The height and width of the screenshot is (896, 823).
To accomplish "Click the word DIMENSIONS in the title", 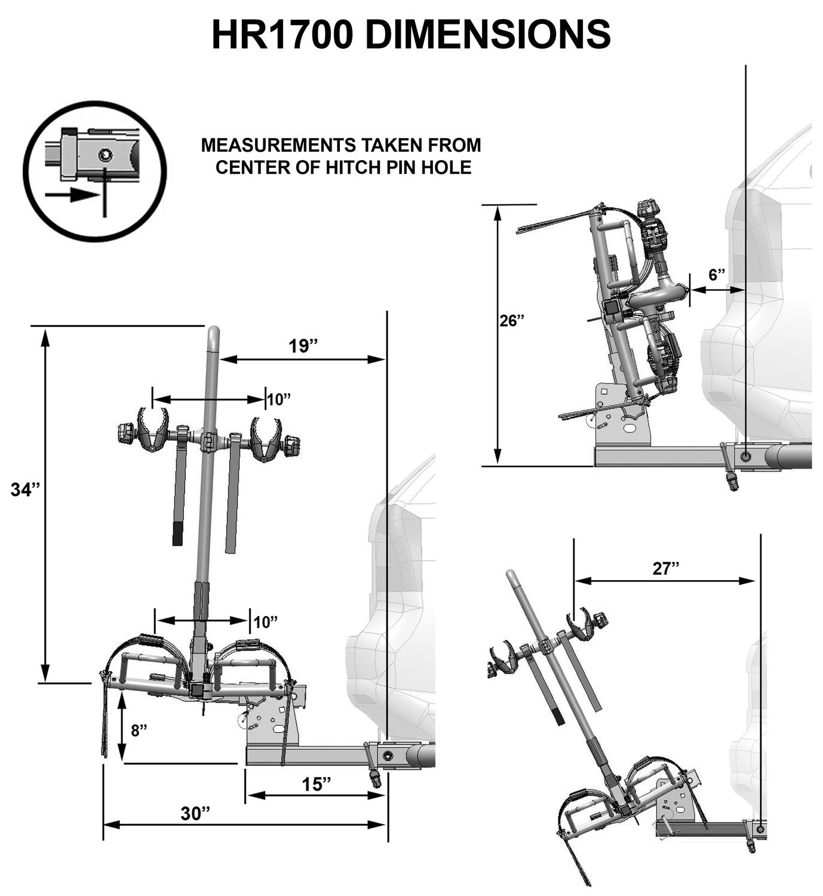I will pyautogui.click(x=487, y=34).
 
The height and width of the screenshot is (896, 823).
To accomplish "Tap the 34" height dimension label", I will pyautogui.click(x=26, y=490).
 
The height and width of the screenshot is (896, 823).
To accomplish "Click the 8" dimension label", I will pyautogui.click(x=139, y=730).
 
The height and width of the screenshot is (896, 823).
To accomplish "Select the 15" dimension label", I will pyautogui.click(x=316, y=784).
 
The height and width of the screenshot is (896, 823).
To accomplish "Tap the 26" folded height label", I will pyautogui.click(x=512, y=320).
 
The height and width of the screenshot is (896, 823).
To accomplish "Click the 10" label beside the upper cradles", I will pyautogui.click(x=278, y=399).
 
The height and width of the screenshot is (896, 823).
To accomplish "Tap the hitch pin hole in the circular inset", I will pyautogui.click(x=105, y=155).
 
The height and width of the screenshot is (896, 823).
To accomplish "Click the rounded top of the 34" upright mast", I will pyautogui.click(x=213, y=335).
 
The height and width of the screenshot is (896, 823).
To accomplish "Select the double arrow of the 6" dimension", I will pyautogui.click(x=717, y=290).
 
